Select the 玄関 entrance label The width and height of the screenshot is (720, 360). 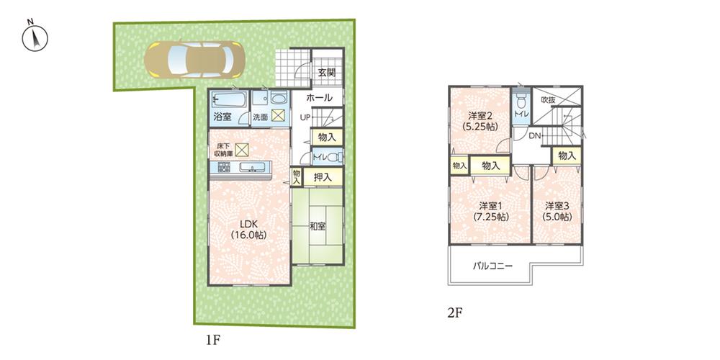[326, 73]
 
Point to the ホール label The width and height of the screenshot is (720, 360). [319, 98]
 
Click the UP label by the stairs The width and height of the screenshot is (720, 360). [305, 117]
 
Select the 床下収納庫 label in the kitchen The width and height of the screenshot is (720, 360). [225, 150]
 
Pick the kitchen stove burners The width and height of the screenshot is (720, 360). [223, 168]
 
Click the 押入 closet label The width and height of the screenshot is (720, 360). [323, 176]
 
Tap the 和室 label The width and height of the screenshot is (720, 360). [318, 226]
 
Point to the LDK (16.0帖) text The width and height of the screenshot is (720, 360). [244, 229]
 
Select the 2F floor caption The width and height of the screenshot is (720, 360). [453, 313]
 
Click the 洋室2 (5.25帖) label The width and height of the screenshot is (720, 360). [480, 120]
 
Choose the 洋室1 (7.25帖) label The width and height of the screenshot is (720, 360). [491, 210]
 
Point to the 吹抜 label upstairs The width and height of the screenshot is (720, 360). [549, 100]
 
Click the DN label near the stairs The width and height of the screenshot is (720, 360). [535, 136]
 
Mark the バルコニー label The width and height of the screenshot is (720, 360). [492, 266]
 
